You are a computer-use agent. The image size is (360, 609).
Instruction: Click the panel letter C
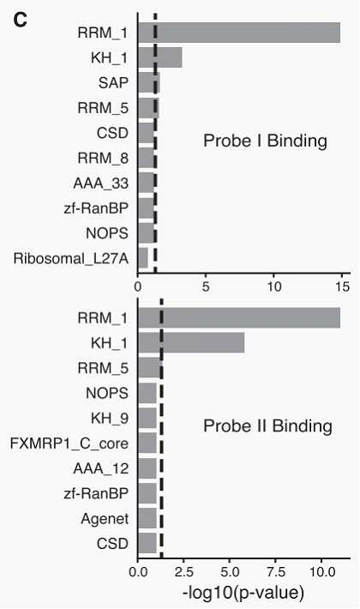[21, 20]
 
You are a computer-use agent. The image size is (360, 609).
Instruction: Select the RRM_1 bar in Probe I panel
[239, 33]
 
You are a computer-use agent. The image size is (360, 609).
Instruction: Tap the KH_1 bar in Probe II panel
[192, 342]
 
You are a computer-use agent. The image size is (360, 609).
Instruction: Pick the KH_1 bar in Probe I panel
[160, 57]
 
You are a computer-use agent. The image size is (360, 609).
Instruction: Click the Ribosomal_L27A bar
[143, 258]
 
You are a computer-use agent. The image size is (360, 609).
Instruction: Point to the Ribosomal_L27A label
[71, 258]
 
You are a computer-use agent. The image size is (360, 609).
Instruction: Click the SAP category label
[113, 82]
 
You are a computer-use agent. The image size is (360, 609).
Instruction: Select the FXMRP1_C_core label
[69, 443]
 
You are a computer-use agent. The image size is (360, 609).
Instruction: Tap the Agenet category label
[105, 519]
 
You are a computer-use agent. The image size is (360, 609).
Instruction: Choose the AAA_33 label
[101, 184]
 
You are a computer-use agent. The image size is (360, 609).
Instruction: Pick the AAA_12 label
[101, 469]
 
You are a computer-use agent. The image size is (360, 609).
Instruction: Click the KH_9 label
[110, 419]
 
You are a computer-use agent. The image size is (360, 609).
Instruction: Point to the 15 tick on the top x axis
[342, 287]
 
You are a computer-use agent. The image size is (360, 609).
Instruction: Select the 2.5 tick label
[183, 572]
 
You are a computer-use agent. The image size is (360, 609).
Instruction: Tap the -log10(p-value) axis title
[243, 593]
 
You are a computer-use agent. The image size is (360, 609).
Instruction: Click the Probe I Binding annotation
[266, 141]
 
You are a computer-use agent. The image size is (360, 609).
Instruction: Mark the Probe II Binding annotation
[267, 426]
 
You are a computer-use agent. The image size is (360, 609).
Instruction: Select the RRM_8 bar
[147, 158]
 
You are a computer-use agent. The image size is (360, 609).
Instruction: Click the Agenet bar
[147, 518]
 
